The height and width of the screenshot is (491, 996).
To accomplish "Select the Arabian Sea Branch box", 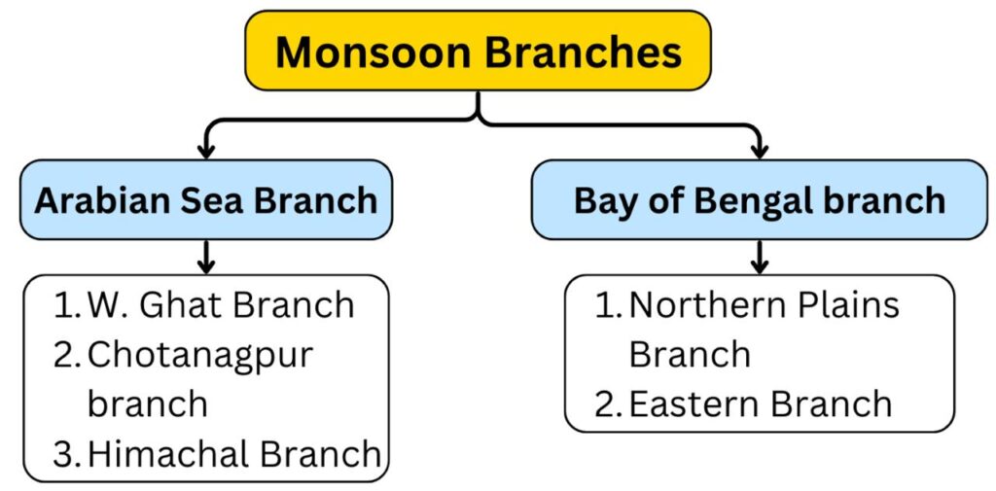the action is tap(206, 199).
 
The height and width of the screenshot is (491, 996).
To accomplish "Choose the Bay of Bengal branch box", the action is tap(759, 199).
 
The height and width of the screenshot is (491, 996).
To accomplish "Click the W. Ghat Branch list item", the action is tap(204, 305).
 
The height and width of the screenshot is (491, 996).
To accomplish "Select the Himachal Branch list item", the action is tap(217, 453).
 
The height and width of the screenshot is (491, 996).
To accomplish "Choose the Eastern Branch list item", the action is tap(743, 403).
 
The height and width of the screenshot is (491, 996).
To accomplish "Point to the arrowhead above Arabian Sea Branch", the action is tap(206, 151).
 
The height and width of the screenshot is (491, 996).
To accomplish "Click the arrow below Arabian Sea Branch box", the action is tap(206, 257).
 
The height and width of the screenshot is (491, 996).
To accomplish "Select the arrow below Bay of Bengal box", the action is tap(759, 257).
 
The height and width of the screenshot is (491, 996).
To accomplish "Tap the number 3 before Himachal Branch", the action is tap(64, 454).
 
